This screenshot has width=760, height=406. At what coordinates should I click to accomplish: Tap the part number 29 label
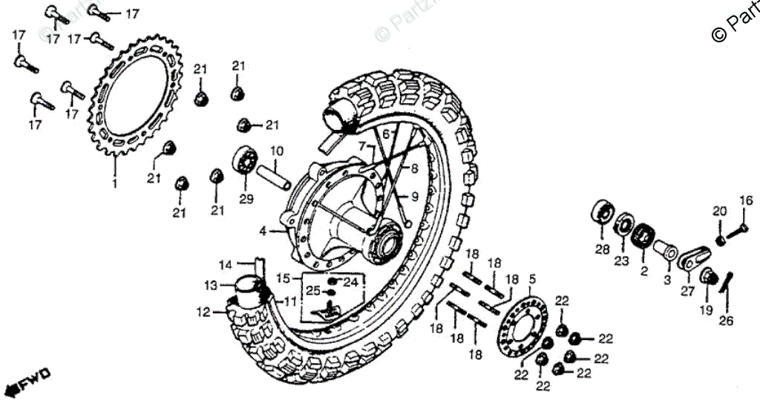[x=246, y=198]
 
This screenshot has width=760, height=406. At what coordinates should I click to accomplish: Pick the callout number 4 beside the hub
[x=262, y=232]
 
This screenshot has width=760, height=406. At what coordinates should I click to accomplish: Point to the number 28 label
[x=602, y=249]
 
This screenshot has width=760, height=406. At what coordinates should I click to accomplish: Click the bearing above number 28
[x=601, y=210]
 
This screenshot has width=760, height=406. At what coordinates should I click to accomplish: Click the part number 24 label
[x=351, y=282]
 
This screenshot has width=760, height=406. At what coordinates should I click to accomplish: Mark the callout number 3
[x=666, y=280]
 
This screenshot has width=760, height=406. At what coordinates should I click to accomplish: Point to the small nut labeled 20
[x=718, y=239]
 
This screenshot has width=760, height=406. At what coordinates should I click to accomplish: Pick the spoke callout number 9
[x=414, y=196]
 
